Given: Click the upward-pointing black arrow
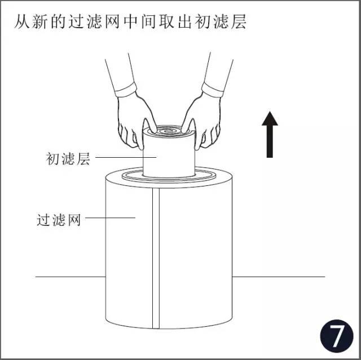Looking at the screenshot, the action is [x=270, y=135].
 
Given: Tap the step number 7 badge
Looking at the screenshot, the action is [x=337, y=336].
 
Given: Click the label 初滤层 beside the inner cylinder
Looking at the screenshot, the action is [x=68, y=158].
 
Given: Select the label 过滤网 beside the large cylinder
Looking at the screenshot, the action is [x=59, y=220].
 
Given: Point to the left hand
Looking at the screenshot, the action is [x=134, y=119].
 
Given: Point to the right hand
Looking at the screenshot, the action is [x=202, y=119].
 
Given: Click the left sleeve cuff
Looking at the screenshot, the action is [x=126, y=90].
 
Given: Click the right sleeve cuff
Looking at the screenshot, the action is [x=213, y=90].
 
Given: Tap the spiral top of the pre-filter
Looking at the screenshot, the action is [x=169, y=131].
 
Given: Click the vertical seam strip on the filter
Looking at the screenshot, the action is [x=156, y=258].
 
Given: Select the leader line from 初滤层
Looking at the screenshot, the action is [x=126, y=158].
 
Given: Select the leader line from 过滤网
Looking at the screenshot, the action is [x=110, y=217].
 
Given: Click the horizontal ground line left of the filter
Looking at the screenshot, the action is [x=71, y=277].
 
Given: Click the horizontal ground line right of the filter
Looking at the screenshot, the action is [x=279, y=277].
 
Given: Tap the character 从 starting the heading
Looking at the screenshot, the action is [x=22, y=22].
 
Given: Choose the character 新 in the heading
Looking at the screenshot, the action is [x=40, y=22].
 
